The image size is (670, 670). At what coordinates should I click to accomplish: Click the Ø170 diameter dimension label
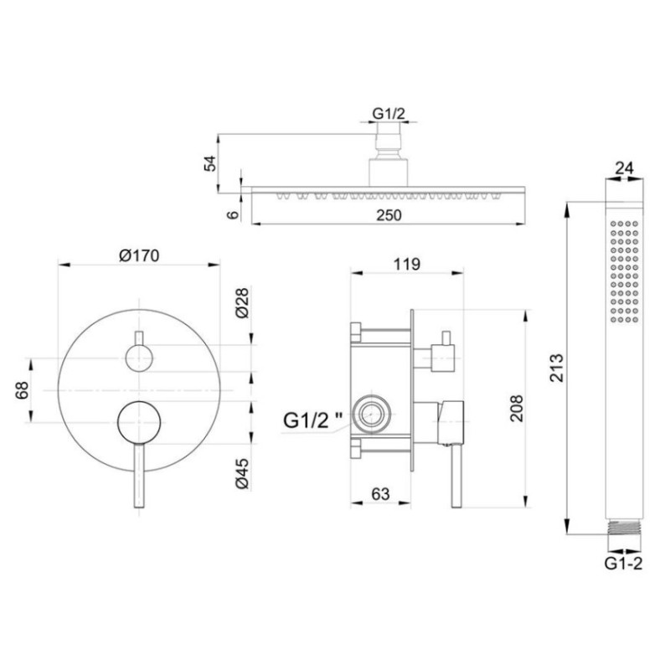tap(139, 255)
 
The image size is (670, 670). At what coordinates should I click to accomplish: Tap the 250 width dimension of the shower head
tap(389, 215)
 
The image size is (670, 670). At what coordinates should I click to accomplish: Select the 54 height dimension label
tap(210, 163)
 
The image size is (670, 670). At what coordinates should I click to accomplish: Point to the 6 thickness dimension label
tap(233, 214)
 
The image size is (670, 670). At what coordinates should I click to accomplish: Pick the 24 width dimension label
tap(624, 168)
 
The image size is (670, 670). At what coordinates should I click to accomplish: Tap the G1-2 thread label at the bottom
tap(623, 564)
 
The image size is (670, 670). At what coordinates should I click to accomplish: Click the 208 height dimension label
tap(516, 409)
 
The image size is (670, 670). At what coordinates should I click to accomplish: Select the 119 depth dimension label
tap(406, 264)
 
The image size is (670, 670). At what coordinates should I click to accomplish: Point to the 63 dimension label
tap(380, 494)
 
